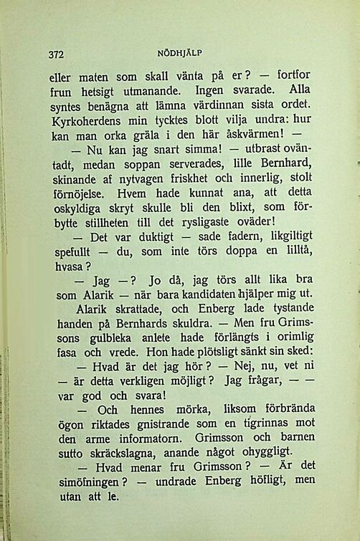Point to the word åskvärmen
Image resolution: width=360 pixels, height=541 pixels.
point(255,134)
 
